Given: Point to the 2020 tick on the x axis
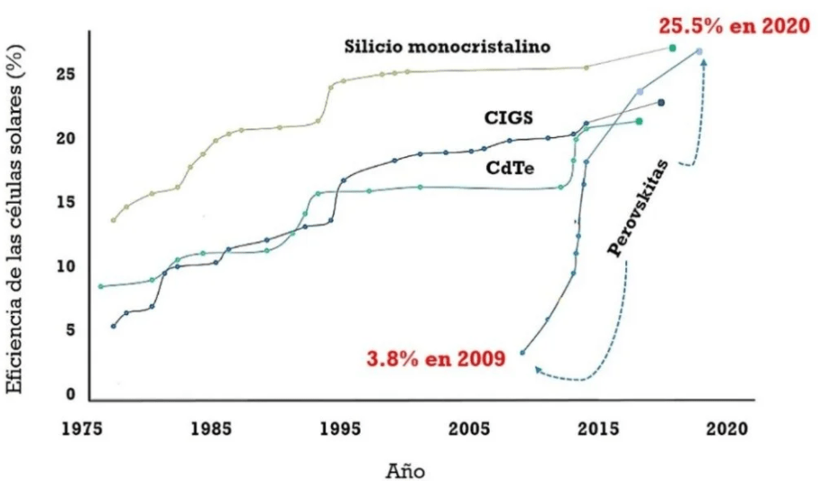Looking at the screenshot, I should (x=723, y=430).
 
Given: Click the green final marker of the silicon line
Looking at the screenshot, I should (x=673, y=48).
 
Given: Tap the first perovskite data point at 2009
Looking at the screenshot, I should (x=523, y=353).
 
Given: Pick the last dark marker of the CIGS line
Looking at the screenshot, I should (x=661, y=102).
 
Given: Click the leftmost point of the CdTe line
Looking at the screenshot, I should (x=100, y=286).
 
